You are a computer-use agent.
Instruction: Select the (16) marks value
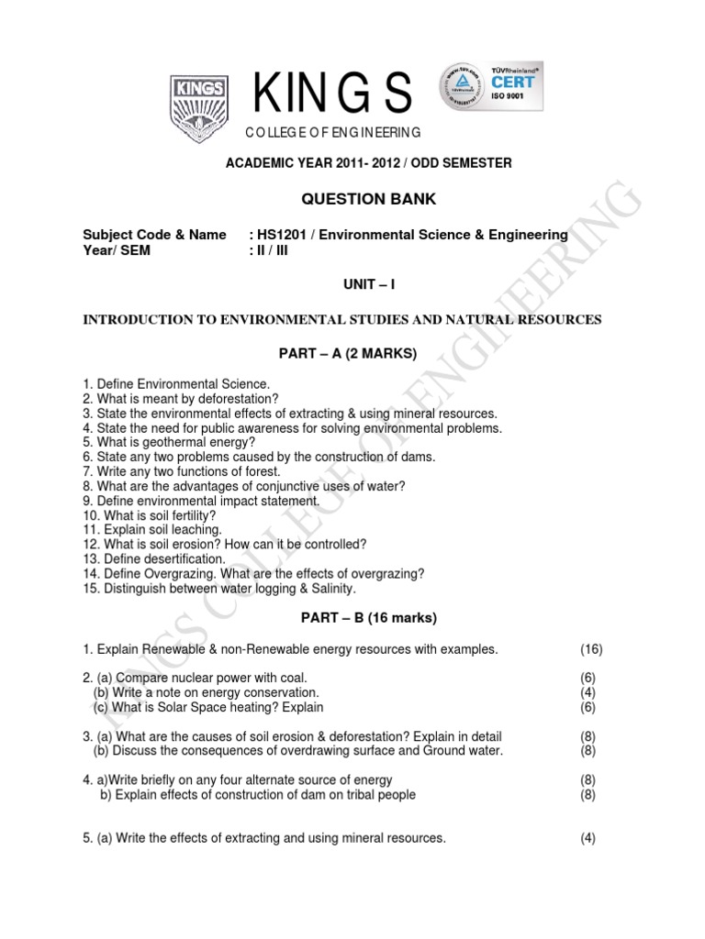[x=591, y=649]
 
